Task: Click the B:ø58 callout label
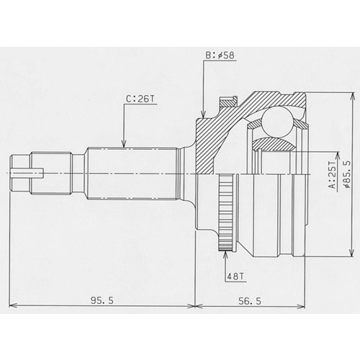point(220,55)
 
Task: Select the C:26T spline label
point(140,99)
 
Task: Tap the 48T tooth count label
point(235,276)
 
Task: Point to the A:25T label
point(333,174)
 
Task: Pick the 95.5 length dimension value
point(102,300)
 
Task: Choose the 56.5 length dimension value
point(250,301)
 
